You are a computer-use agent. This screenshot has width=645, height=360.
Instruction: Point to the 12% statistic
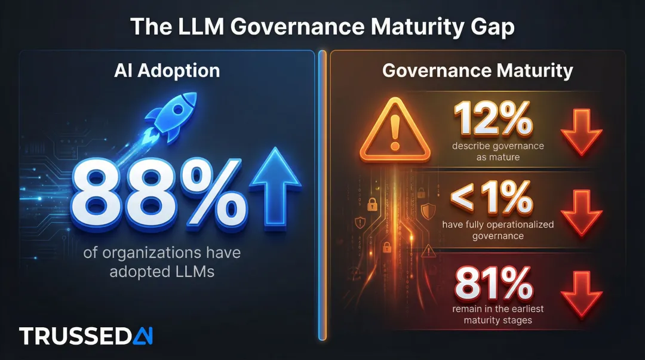click(493, 118)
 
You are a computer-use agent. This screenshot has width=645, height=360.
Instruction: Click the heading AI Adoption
click(167, 70)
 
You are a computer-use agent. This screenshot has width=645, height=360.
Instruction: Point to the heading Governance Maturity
click(477, 70)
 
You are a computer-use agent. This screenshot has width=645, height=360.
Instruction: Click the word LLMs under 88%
click(191, 272)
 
